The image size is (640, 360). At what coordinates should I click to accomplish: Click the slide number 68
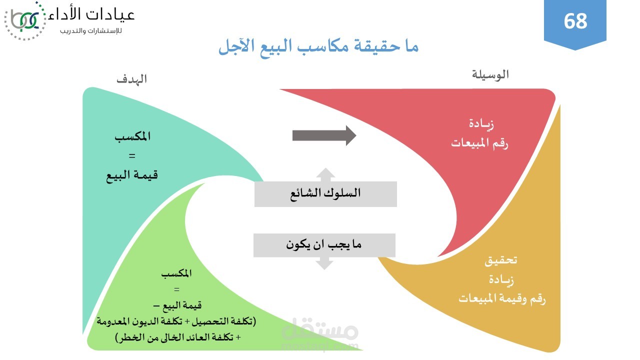coord(575,21)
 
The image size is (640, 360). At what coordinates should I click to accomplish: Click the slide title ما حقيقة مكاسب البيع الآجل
coord(318,47)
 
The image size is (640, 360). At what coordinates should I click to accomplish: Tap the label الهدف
coord(131,79)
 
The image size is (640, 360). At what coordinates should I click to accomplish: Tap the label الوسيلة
coord(490,74)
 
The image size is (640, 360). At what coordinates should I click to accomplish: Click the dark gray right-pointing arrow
coord(324,135)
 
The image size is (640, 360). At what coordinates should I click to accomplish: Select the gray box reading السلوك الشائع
coord(325,193)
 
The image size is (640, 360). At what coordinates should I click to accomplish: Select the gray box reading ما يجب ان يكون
coord(324,245)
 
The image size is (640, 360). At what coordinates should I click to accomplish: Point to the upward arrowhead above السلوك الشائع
coord(325,174)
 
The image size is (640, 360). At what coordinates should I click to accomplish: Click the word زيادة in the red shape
coord(481,124)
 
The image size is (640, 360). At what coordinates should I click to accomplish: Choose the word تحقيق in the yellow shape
coord(501,260)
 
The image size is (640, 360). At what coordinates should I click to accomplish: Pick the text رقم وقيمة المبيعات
coord(502,299)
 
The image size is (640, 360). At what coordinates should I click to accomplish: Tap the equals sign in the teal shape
coord(132,156)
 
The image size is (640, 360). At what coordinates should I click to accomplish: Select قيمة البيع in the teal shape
coord(132,175)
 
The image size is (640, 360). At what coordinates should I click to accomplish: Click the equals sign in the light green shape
coord(176,289)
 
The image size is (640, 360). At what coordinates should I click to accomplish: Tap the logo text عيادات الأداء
coord(92,15)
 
